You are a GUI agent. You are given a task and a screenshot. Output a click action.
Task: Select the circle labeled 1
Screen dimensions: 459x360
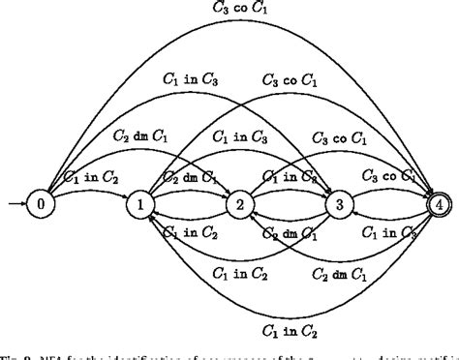click(x=138, y=204)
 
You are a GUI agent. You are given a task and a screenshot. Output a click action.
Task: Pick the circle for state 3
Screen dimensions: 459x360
click(x=339, y=204)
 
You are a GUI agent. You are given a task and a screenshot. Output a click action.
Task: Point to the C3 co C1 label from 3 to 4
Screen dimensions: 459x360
click(x=388, y=176)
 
